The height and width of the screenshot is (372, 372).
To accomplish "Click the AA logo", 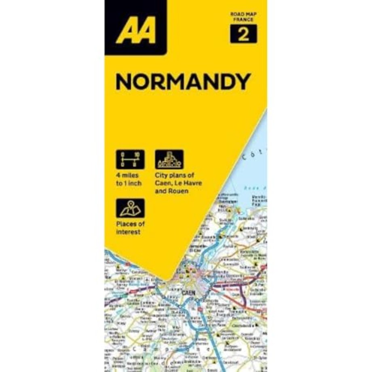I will (135, 31).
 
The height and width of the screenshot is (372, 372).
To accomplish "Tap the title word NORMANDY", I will (183, 82).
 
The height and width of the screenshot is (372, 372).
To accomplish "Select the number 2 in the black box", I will (243, 34).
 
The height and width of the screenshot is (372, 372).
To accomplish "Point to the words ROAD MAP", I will (243, 14).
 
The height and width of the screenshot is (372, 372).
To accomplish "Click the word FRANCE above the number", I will (243, 19).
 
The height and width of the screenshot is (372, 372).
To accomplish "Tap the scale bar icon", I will (130, 159).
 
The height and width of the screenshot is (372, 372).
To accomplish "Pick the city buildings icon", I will (169, 159).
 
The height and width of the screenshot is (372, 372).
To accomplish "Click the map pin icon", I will (130, 208).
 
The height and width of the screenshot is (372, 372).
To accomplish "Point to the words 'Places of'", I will (130, 224).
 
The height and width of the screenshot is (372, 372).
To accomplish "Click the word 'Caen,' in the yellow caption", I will (164, 183).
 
